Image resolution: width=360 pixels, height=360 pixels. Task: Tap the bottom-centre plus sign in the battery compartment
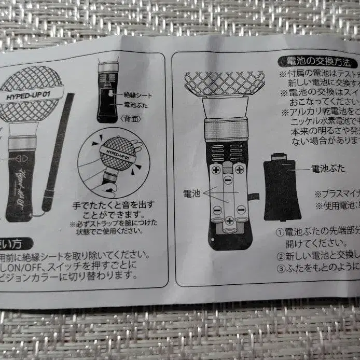pos(229,220)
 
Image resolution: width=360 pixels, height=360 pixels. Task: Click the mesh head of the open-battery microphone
pos(224,83)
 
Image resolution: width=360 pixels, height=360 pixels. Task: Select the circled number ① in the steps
pos(280,232)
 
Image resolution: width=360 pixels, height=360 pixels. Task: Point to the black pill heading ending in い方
pos(16,243)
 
